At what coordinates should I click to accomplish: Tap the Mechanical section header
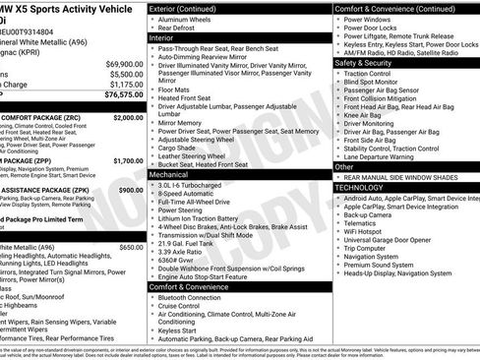(x=170, y=173)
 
